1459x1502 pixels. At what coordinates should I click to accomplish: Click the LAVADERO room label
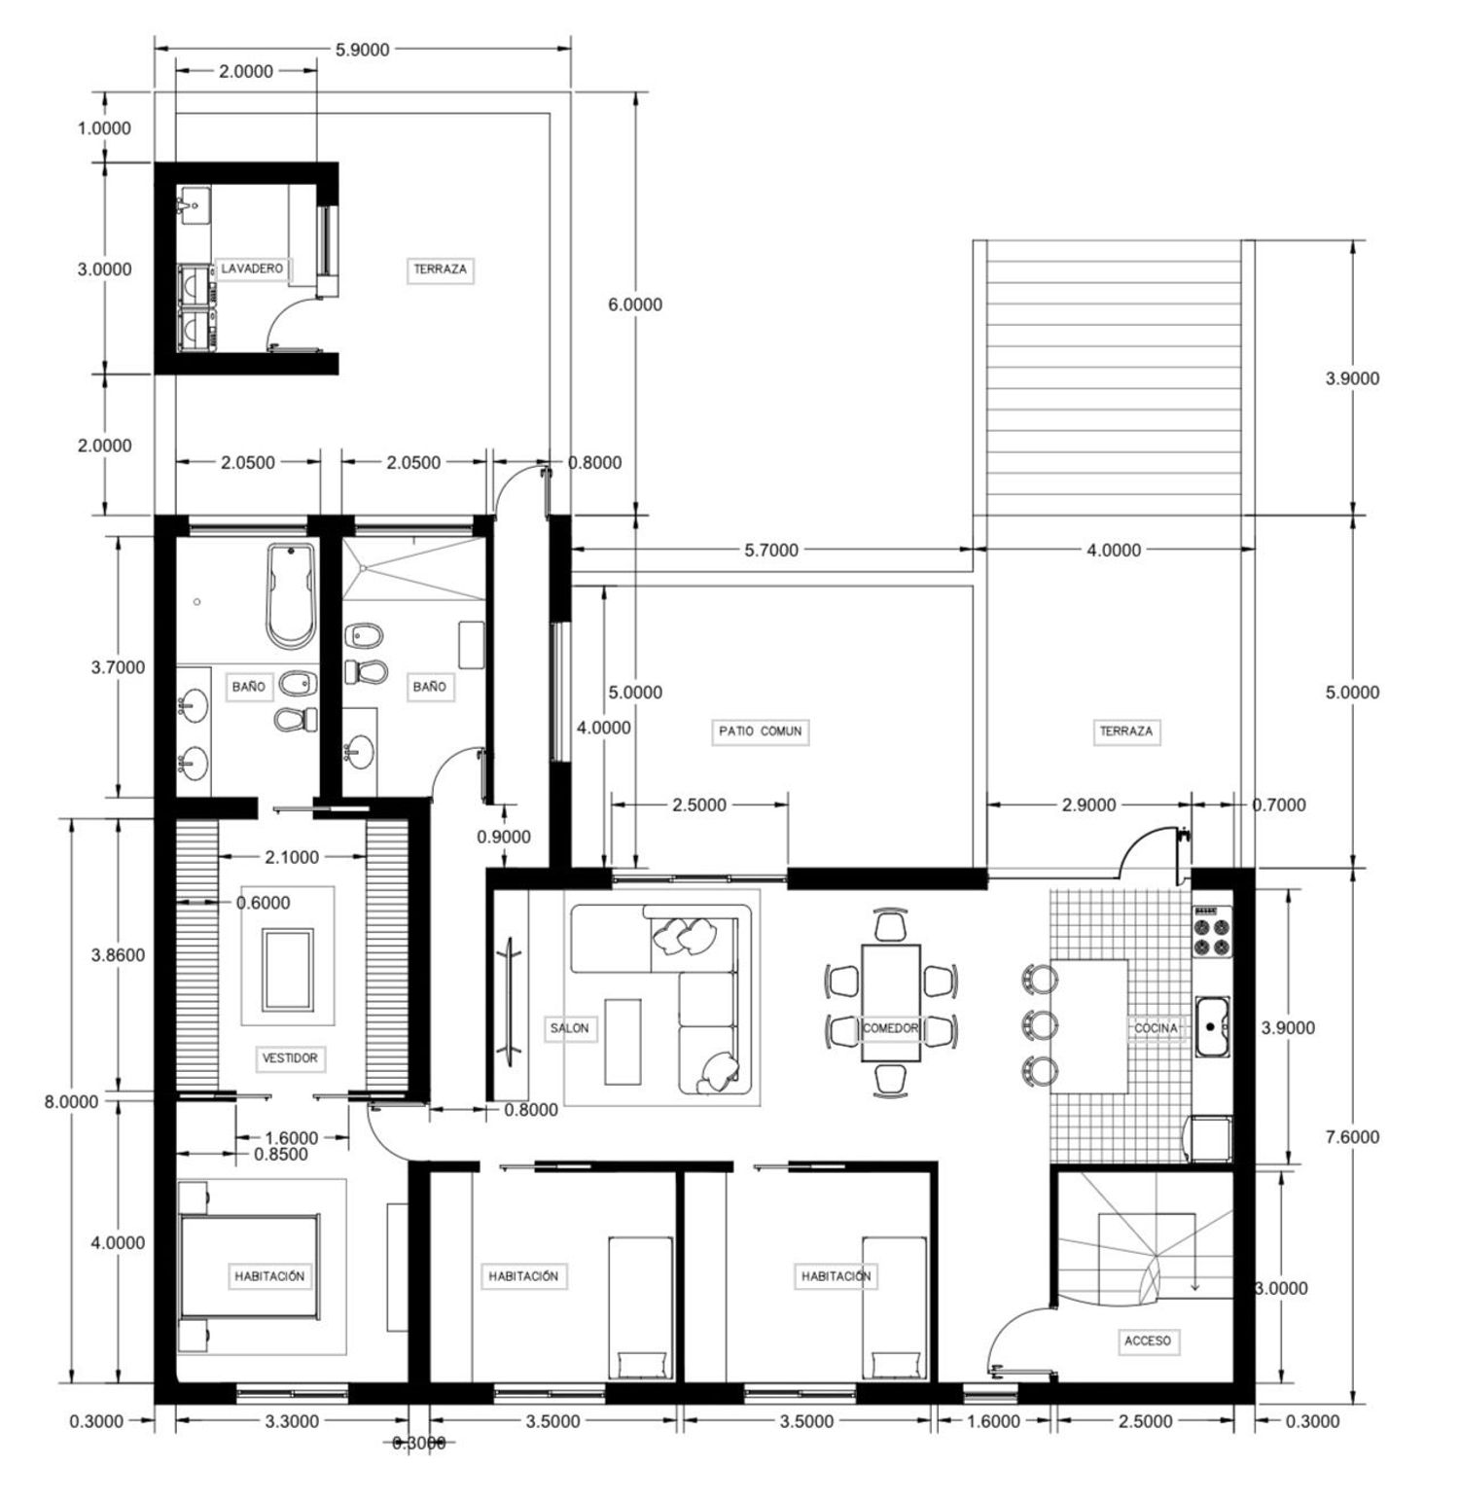252,268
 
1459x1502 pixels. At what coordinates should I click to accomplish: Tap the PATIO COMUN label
761,731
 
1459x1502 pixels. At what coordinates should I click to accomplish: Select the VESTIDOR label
290,1057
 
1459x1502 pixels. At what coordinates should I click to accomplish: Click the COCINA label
1157,1027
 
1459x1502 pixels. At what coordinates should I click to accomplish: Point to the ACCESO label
1148,1341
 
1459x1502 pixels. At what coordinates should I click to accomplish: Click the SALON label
569,1027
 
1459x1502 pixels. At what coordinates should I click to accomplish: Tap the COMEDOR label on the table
891,1027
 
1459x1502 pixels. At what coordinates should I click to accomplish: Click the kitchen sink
1213,1025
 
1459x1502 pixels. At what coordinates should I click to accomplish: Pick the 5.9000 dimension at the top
362,51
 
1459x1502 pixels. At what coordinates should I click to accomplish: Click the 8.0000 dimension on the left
71,1102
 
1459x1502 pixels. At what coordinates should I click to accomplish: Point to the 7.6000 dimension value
1352,1136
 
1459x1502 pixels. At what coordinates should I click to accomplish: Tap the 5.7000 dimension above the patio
771,551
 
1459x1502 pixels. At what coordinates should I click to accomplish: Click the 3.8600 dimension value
118,955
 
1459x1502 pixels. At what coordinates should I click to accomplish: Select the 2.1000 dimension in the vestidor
292,857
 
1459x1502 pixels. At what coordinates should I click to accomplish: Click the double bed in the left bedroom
251,1267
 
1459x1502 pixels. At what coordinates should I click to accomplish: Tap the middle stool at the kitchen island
1039,1023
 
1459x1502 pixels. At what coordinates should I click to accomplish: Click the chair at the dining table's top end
890,925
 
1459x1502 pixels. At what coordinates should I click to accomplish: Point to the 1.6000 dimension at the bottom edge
994,1421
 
